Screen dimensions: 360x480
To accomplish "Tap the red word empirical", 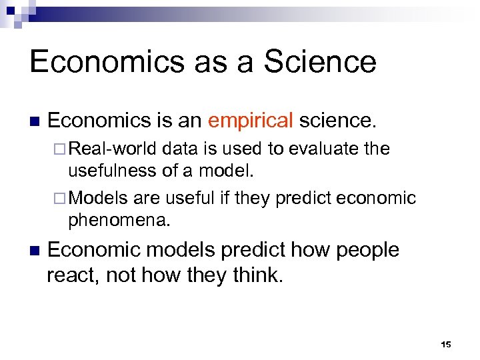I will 250,121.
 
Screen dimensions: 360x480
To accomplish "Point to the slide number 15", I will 446,345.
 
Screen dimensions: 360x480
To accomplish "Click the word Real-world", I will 112,148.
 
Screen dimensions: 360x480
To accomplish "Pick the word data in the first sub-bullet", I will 181,148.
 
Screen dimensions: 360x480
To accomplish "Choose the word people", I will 367,250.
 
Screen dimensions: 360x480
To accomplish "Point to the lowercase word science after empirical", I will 337,121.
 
